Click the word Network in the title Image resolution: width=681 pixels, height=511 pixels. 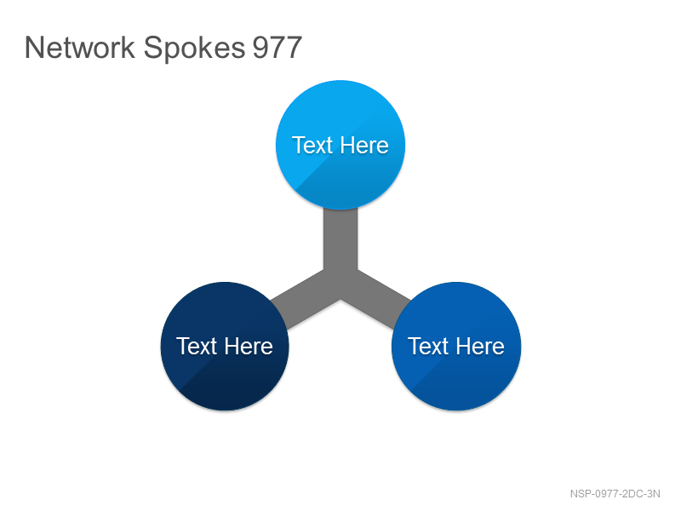80,47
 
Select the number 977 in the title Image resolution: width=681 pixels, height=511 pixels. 278,47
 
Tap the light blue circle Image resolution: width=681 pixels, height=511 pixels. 340,145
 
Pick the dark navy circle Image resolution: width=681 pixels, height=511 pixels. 225,347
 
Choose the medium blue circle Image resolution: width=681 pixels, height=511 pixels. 456,347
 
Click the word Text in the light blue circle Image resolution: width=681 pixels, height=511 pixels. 312,145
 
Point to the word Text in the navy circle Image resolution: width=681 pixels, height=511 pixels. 197,347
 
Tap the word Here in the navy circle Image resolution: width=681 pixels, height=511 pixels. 249,347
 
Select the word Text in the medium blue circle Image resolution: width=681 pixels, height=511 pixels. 428,347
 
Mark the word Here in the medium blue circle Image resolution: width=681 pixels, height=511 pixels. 480,347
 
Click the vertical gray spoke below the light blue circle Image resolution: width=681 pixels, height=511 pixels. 340,239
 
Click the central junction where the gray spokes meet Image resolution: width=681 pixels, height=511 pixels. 340,283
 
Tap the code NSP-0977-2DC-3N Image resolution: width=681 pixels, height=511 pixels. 615,494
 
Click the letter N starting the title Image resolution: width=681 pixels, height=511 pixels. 34,47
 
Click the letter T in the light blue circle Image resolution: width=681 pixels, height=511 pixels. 299,145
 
